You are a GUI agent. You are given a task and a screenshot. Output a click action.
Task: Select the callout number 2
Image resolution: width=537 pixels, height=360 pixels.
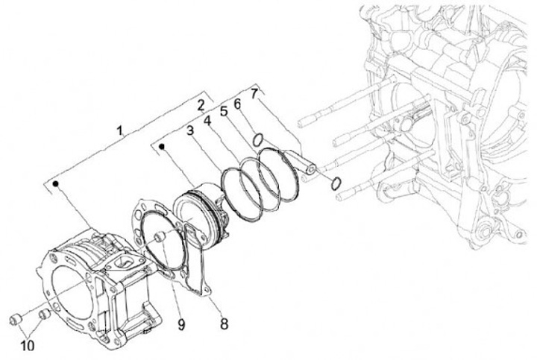(x=201, y=104)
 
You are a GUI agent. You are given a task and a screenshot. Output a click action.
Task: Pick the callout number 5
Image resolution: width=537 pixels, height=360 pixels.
(x=223, y=108)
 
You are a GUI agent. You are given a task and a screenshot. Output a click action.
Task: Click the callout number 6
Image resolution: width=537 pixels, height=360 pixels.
(x=238, y=103)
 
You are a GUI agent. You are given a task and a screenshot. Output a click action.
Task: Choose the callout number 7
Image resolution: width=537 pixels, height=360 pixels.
(x=254, y=93)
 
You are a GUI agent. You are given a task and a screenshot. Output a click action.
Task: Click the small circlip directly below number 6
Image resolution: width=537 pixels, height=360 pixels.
(x=257, y=139)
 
